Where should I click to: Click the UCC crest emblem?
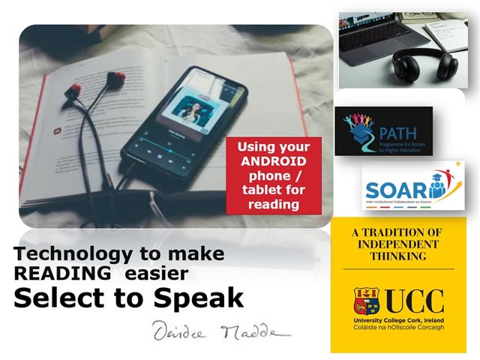click(367, 301)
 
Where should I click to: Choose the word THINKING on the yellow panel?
click(398, 256)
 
